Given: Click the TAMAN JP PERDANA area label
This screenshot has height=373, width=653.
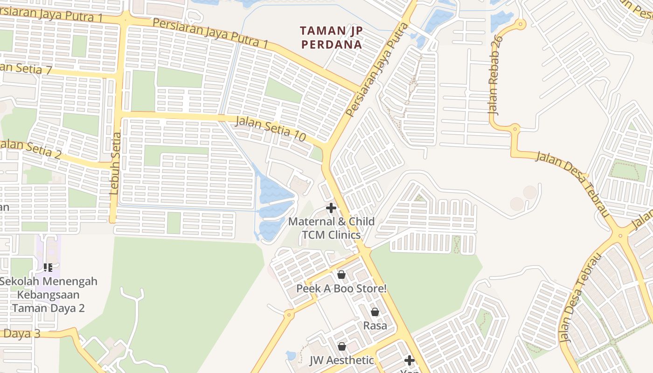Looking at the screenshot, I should [x=331, y=37].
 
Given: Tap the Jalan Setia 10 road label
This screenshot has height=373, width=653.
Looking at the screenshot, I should [x=271, y=129].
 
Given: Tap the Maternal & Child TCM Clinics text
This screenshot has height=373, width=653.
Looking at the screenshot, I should [x=331, y=228].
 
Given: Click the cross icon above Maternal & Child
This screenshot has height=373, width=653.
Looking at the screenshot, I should [x=331, y=207].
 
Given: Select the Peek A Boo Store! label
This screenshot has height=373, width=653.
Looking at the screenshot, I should [x=341, y=289].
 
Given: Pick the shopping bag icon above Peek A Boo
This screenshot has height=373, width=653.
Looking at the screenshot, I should [x=341, y=275].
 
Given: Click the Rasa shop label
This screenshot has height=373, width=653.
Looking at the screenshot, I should [x=375, y=325].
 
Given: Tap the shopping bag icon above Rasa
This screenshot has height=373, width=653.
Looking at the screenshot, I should [x=375, y=312].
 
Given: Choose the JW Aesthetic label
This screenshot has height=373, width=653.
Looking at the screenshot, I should [x=342, y=360].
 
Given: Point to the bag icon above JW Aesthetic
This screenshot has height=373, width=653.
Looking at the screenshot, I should [x=342, y=346].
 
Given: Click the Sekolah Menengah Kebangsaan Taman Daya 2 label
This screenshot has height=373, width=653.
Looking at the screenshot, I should [x=49, y=295].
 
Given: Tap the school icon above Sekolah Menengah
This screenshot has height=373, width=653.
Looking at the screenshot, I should [x=48, y=268].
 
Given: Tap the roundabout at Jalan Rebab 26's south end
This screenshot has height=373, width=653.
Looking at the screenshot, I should [x=515, y=128].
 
